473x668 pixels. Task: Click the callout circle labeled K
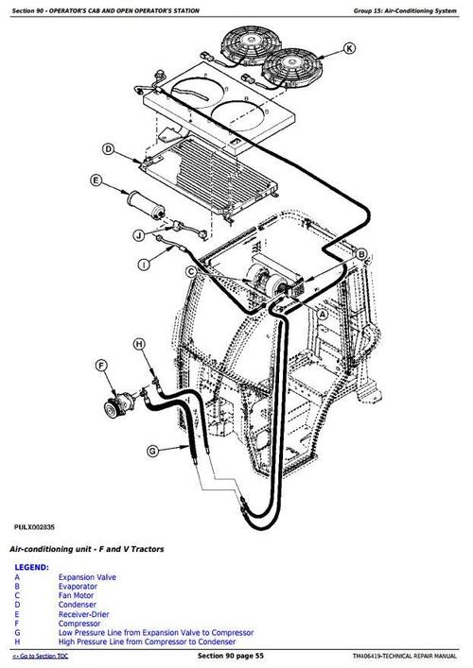coord(349,48)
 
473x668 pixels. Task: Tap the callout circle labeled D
coord(109,149)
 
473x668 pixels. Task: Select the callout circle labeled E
coord(96,180)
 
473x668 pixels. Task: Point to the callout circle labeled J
coord(139,235)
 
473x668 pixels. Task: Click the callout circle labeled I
coord(144,265)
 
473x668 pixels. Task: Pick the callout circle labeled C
coord(191,272)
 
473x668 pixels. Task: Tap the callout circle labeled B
coord(360,255)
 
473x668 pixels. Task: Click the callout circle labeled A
coord(323,315)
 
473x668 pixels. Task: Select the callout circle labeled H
coord(139,344)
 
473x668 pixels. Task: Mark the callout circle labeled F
coord(101,366)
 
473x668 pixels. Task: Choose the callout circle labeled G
coord(152,451)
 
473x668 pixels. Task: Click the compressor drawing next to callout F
coord(120,403)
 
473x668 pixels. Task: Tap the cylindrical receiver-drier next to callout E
coord(147,204)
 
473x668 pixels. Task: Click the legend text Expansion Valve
coord(87,577)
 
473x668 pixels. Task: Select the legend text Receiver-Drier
coord(83,614)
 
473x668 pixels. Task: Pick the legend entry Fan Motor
coord(76,595)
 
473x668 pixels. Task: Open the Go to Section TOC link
coord(40,656)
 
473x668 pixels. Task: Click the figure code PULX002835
coord(34,527)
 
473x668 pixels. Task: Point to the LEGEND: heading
coord(31,568)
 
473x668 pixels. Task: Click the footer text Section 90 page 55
coord(231,656)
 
